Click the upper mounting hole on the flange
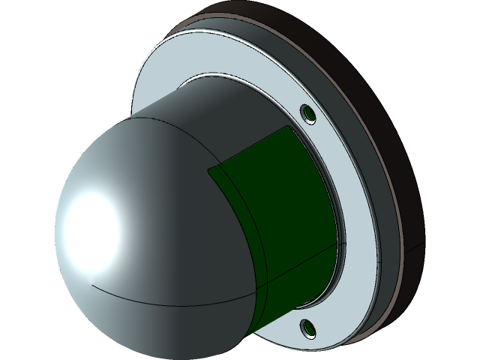point(307,114)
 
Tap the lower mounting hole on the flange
point(307,327)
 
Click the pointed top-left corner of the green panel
point(208,169)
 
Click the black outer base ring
point(420,150)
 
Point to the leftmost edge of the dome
point(56,225)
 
